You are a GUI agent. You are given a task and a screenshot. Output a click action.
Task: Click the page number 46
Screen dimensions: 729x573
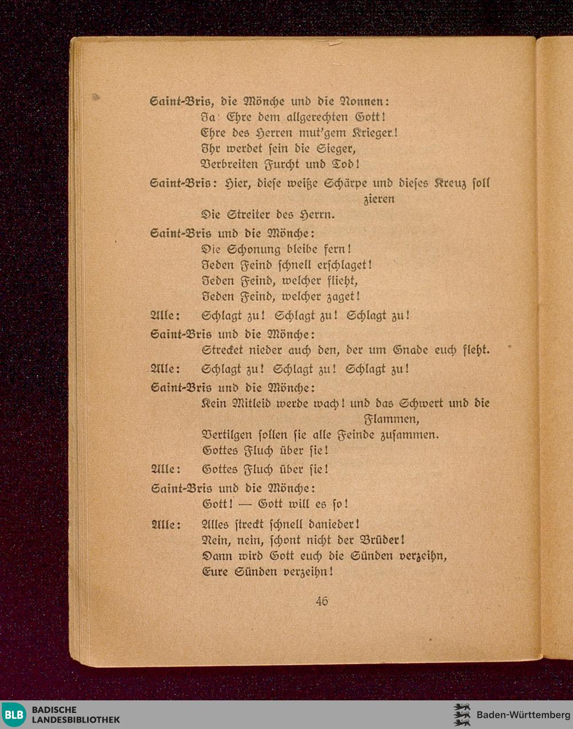(x=321, y=601)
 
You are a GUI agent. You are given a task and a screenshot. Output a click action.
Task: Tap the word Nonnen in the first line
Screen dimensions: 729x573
(x=364, y=101)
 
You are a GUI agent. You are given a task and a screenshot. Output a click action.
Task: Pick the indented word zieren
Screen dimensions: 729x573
(x=379, y=199)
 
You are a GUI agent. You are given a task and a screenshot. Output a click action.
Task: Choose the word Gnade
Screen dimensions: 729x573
(x=411, y=350)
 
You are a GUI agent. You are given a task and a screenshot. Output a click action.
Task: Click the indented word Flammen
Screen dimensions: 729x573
(x=391, y=419)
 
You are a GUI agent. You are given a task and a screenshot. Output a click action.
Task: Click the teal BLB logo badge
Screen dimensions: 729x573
(x=14, y=715)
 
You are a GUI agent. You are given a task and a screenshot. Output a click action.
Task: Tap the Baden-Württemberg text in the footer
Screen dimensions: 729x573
(x=523, y=715)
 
